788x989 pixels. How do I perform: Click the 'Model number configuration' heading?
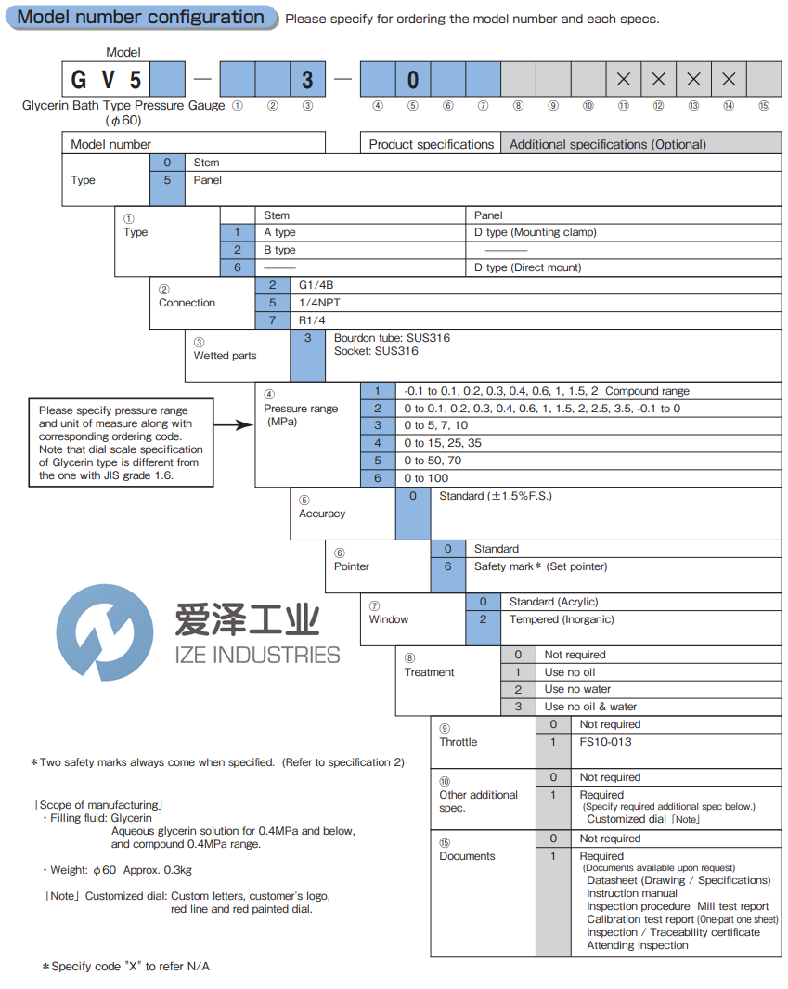point(141,18)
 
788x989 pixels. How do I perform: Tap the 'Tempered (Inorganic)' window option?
point(562,619)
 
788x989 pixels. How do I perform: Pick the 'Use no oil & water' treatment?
point(590,707)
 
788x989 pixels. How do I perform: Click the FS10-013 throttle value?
point(603,742)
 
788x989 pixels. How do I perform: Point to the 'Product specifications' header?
point(431,144)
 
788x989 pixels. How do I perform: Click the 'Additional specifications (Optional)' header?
point(607,144)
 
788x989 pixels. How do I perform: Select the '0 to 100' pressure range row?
point(426,478)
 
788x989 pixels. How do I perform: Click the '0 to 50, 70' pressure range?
point(432,461)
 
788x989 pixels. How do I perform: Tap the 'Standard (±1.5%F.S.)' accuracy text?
point(496,496)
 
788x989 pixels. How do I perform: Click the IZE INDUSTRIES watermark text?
point(257,656)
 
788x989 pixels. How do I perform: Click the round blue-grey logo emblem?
point(105,632)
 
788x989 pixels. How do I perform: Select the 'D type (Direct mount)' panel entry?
point(528,267)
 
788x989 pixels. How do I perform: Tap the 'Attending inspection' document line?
point(637,945)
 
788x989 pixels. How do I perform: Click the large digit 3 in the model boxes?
point(307,79)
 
